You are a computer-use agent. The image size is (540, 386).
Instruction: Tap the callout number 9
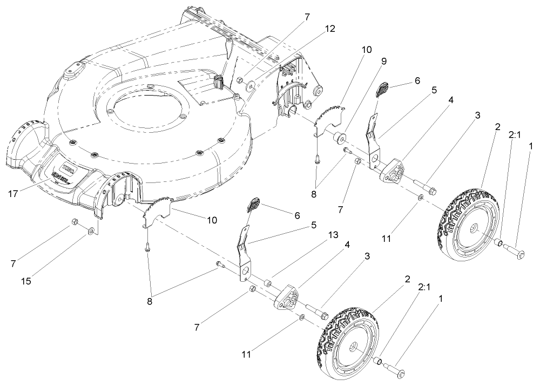384,62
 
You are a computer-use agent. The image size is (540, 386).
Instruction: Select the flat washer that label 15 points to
91,232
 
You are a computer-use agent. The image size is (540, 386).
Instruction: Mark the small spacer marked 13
267,283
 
